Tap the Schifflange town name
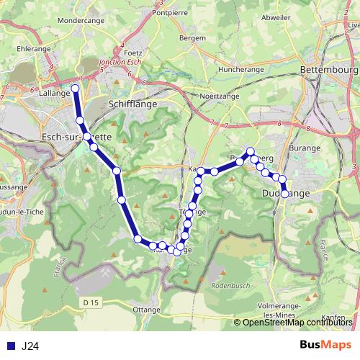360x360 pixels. tap(132, 104)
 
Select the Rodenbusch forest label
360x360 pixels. tap(229, 286)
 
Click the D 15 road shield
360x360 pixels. tap(90, 302)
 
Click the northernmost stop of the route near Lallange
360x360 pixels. tap(75, 89)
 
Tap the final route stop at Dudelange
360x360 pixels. tap(285, 194)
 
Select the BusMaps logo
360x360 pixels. tap(325, 345)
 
